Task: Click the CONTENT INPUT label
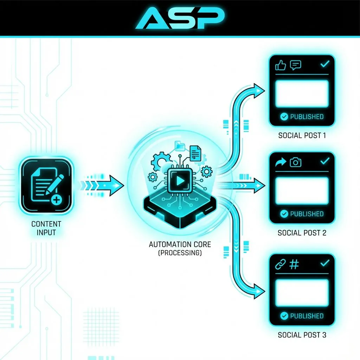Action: point(46,228)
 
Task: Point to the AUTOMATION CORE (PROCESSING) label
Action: point(180,248)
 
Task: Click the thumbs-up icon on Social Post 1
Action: point(281,65)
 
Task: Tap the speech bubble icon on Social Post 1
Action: point(295,65)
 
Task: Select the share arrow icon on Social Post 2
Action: point(281,162)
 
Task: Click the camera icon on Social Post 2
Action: point(296,162)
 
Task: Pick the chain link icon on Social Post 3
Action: point(280,264)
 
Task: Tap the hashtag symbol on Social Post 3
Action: point(294,264)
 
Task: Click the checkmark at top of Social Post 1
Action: point(325,64)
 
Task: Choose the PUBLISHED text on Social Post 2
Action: point(307,214)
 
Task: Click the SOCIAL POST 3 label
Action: point(302,335)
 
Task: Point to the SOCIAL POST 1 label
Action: point(302,135)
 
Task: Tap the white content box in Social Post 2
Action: point(302,191)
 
